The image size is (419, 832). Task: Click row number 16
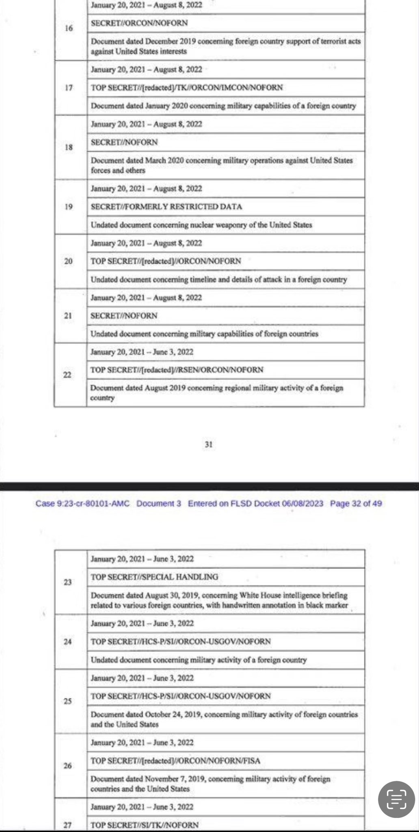coord(69,28)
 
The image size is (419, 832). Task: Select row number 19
coord(69,207)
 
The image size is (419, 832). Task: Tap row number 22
coord(67,375)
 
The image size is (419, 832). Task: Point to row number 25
coord(68,701)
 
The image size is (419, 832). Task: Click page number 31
coord(209,444)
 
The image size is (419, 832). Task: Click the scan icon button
coord(396,799)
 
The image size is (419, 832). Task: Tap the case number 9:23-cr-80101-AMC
coord(82,504)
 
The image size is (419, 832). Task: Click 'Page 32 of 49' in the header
coord(356,504)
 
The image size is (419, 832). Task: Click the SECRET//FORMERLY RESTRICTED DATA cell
coord(166,207)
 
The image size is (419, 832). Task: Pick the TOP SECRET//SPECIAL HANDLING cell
coord(154,577)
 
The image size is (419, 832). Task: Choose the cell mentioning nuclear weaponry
coord(201,225)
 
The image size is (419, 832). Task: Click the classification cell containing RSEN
coord(177,370)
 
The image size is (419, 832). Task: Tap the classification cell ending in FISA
coord(175,760)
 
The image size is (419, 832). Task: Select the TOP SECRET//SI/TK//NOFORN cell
coord(145,825)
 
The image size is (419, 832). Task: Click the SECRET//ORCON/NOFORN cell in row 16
coord(139,23)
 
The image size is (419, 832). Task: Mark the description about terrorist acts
coord(225,46)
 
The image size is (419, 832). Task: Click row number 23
coord(68,582)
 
